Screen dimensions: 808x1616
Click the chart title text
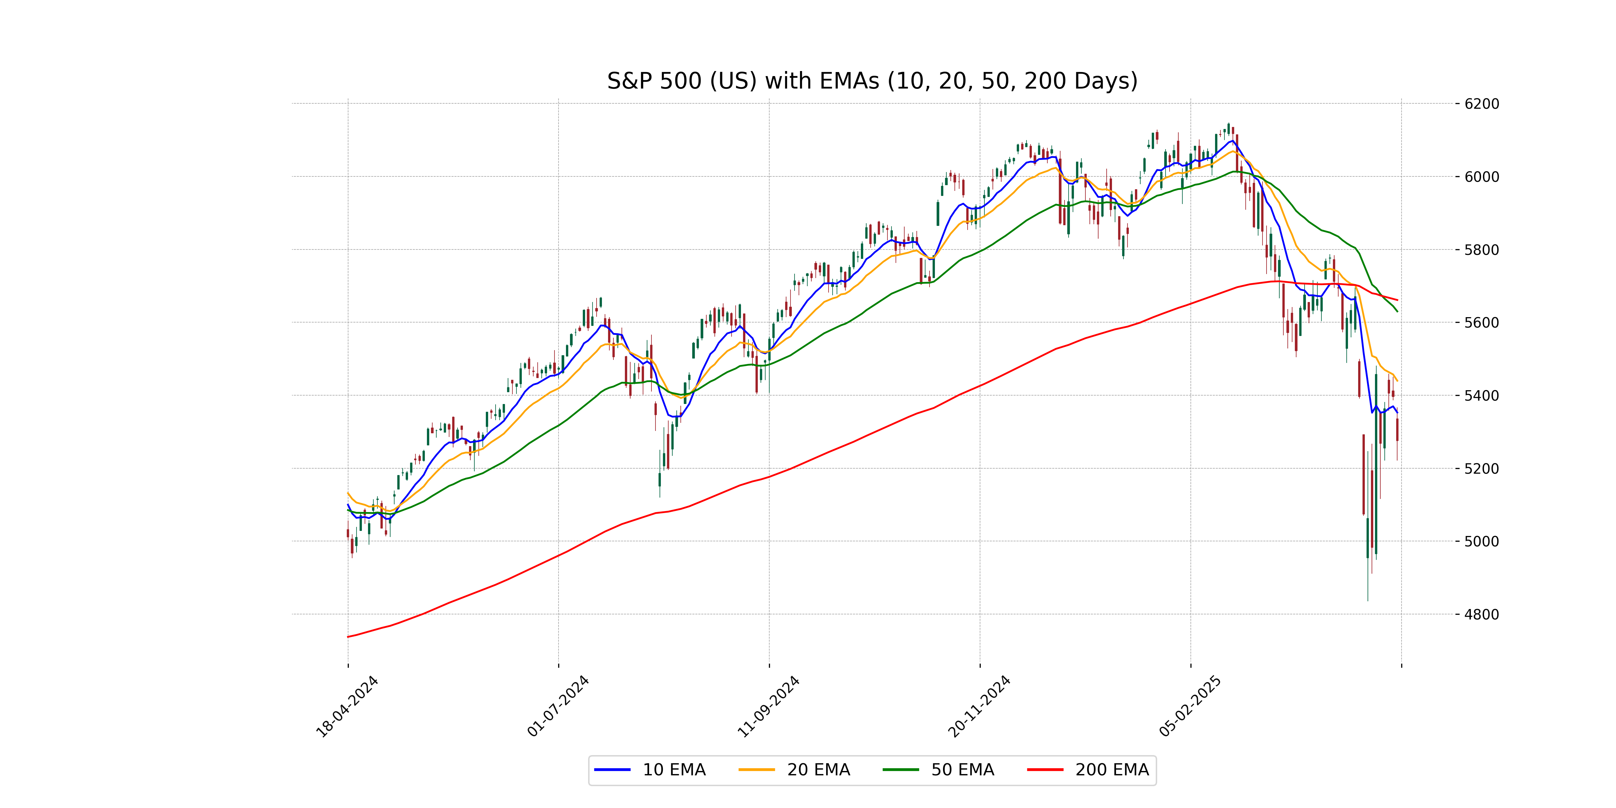[x=872, y=81]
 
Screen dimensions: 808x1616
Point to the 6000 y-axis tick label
[x=1482, y=177]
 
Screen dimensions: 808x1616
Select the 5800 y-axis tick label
[x=1482, y=250]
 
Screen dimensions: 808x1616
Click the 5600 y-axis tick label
[x=1482, y=323]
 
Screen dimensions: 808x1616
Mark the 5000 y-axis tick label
[x=1482, y=541]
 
